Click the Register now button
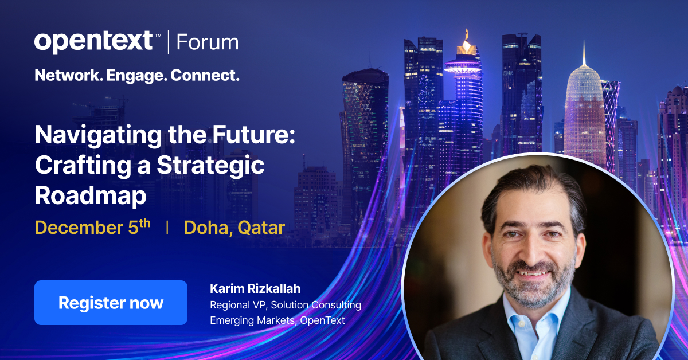pyautogui.click(x=111, y=303)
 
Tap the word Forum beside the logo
pyautogui.click(x=207, y=42)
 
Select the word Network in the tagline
pyautogui.click(x=66, y=75)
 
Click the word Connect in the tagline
pyautogui.click(x=205, y=75)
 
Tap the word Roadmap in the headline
pyautogui.click(x=91, y=195)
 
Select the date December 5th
pyautogui.click(x=92, y=227)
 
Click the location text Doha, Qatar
pyautogui.click(x=234, y=228)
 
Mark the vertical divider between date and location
pyautogui.click(x=167, y=228)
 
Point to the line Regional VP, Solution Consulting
pyautogui.click(x=285, y=304)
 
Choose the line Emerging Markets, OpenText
pyautogui.click(x=277, y=320)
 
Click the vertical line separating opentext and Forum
pyautogui.click(x=169, y=42)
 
